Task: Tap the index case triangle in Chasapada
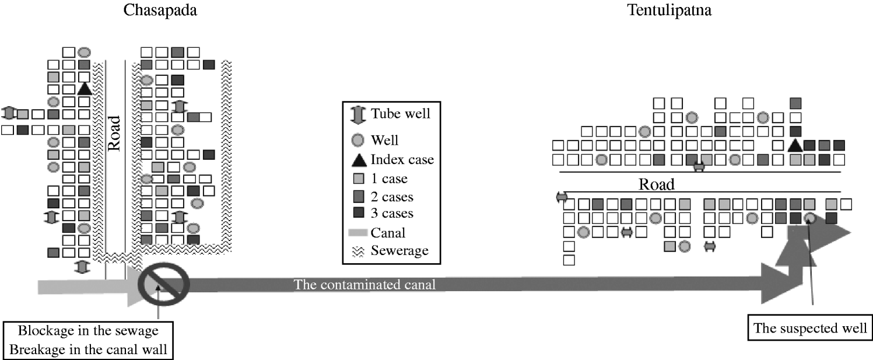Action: [x=85, y=88]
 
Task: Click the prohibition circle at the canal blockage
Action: [x=164, y=283]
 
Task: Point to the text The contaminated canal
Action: [x=365, y=285]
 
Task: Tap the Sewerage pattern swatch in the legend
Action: [x=356, y=251]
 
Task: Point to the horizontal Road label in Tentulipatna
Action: [x=656, y=184]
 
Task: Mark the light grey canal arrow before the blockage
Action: [x=87, y=286]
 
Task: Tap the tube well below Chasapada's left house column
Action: [x=82, y=267]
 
